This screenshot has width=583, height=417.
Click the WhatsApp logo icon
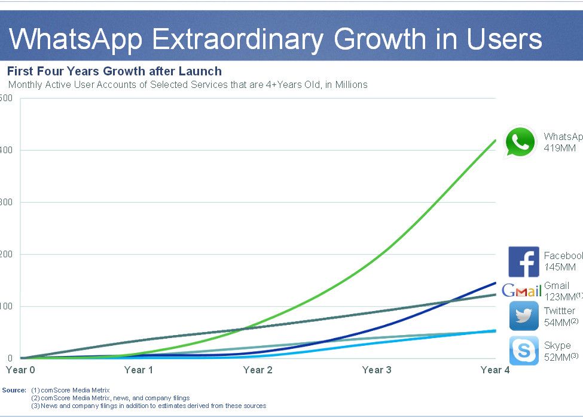pos(520,142)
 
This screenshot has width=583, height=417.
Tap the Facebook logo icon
pos(524,261)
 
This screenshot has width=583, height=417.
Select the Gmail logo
pos(521,291)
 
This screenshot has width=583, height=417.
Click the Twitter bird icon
pos(524,316)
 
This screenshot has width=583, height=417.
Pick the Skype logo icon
pos(524,351)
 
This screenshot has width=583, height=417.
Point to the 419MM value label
pos(560,148)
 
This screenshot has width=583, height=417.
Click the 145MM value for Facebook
pos(560,267)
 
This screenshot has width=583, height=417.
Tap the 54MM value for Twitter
pos(557,322)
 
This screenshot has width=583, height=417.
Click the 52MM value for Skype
pos(557,357)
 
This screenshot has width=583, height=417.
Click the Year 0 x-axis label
pos(20,370)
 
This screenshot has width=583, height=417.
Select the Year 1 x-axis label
pos(139,370)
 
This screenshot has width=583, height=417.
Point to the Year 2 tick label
pos(258,370)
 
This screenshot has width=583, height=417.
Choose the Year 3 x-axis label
pos(377,370)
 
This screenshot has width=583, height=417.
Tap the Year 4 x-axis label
pos(495,370)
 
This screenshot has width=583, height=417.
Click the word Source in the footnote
pos(14,390)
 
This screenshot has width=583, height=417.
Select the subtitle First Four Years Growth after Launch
pos(114,72)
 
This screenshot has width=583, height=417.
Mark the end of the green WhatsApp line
pos(495,140)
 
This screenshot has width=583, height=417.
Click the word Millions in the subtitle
pos(350,84)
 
